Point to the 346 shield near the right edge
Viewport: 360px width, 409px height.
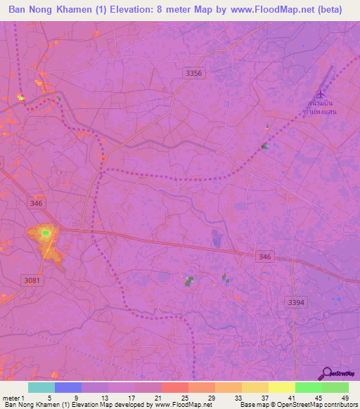click(264, 257)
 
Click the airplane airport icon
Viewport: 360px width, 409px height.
click(321, 94)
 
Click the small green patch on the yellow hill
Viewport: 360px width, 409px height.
click(46, 233)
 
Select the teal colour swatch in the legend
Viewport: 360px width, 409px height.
click(41, 387)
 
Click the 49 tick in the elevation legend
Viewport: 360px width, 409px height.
click(345, 397)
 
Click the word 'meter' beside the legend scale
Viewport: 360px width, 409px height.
click(11, 397)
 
